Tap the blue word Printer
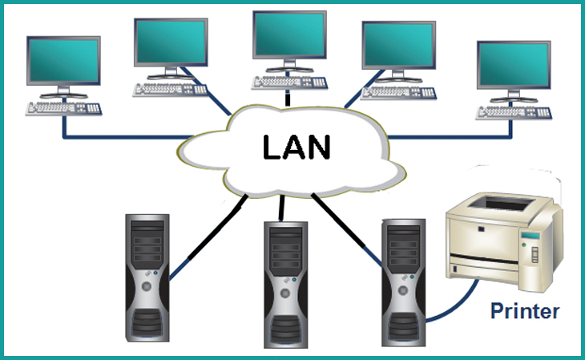tap(524, 310)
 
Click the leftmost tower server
tap(147, 277)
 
